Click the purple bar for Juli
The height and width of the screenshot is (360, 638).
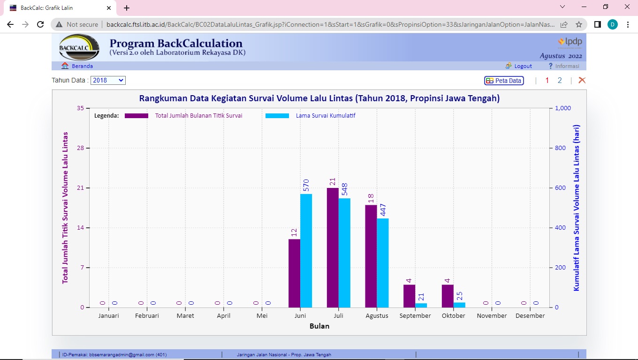[333, 247]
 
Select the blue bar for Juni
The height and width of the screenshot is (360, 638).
[306, 250]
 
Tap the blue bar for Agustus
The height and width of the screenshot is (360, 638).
[382, 262]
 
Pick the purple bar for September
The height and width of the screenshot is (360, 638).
[409, 296]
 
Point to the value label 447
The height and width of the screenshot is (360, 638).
[383, 210]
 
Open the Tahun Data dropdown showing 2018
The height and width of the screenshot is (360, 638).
[108, 80]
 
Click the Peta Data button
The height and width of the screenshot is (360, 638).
[504, 81]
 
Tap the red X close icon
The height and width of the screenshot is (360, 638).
[582, 80]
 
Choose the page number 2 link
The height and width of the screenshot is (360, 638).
[560, 80]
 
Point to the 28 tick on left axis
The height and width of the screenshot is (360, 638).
[80, 148]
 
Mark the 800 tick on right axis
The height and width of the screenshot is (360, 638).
[561, 148]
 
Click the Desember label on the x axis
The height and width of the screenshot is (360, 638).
[530, 316]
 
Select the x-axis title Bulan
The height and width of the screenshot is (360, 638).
[319, 326]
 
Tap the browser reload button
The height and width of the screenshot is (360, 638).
[40, 24]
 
